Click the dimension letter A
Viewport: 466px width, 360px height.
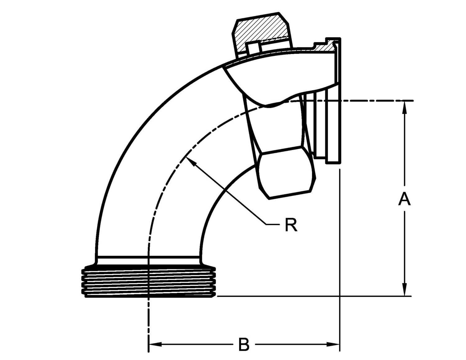(404, 199)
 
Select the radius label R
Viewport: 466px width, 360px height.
(291, 225)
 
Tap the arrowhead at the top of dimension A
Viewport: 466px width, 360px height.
(404, 107)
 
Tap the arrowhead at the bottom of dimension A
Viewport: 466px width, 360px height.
(404, 289)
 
